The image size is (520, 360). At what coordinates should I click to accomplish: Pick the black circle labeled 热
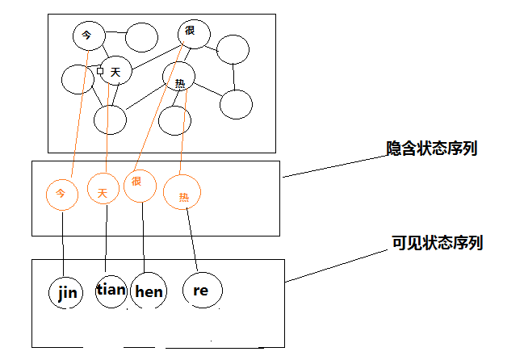[x=179, y=78]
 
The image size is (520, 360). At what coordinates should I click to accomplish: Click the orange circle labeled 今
[x=61, y=193]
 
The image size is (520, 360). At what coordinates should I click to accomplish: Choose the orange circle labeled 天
[x=103, y=191]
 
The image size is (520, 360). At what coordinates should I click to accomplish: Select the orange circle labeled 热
[x=182, y=194]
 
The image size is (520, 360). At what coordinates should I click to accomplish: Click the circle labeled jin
[x=66, y=292]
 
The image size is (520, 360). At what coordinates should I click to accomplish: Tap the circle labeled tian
[x=111, y=290]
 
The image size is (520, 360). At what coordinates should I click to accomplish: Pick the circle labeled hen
[x=148, y=291]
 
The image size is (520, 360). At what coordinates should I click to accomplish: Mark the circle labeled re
[x=200, y=290]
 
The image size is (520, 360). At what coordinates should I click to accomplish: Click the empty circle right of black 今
[x=141, y=36]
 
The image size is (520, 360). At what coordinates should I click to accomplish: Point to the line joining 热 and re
[x=193, y=242]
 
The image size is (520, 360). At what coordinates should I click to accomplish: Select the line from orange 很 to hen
[x=143, y=238]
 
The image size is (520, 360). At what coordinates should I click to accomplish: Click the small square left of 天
[x=100, y=72]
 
